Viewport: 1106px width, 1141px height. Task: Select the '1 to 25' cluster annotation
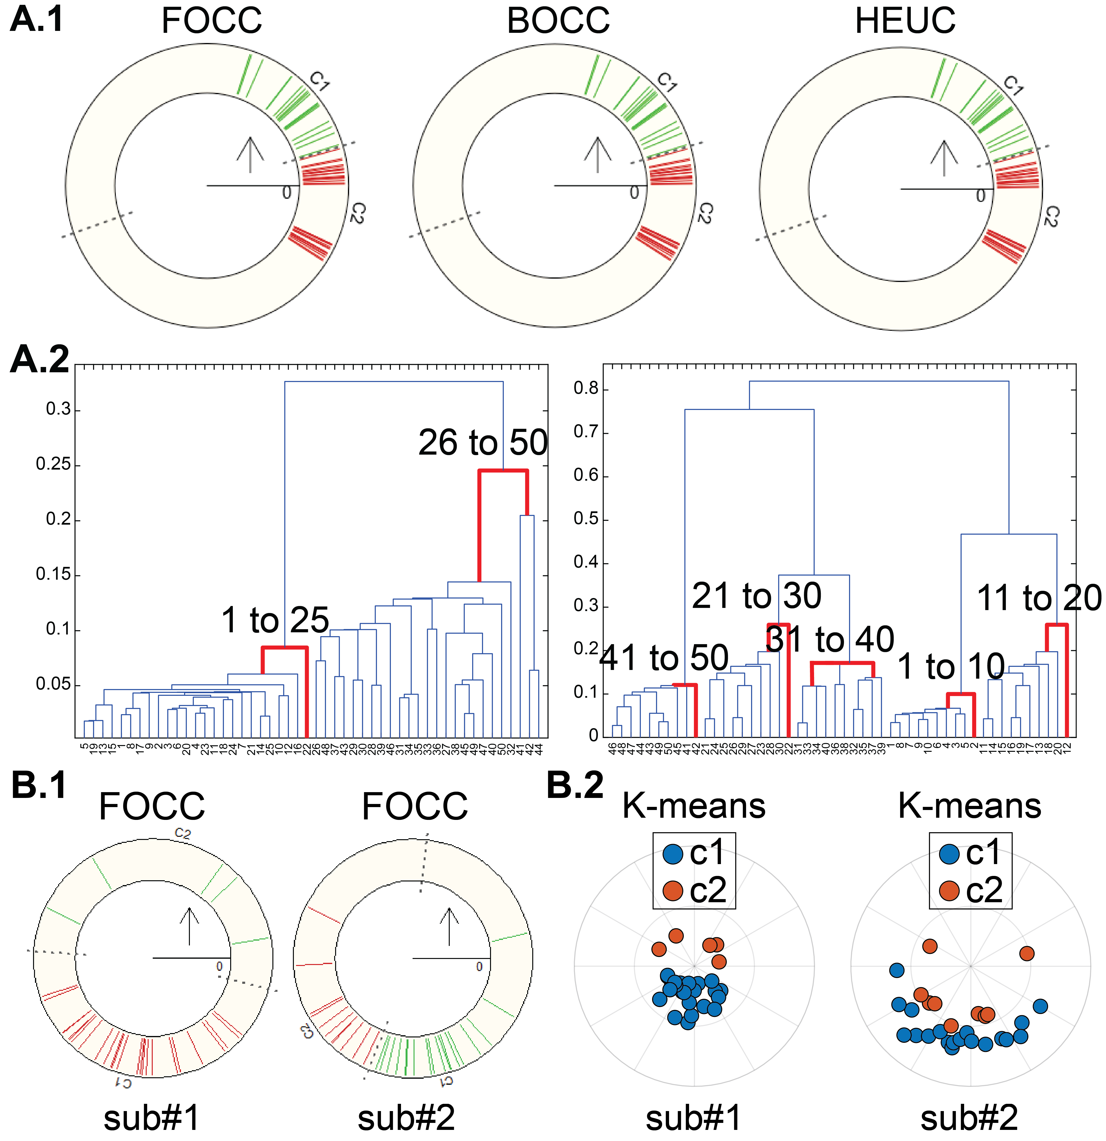(275, 620)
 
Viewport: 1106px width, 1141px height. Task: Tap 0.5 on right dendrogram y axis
(586, 519)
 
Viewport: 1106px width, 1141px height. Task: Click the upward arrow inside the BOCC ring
(597, 154)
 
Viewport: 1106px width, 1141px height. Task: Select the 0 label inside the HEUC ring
(981, 196)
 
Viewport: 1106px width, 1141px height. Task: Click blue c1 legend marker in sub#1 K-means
(673, 854)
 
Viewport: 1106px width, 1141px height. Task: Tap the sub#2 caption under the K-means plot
(969, 1118)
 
